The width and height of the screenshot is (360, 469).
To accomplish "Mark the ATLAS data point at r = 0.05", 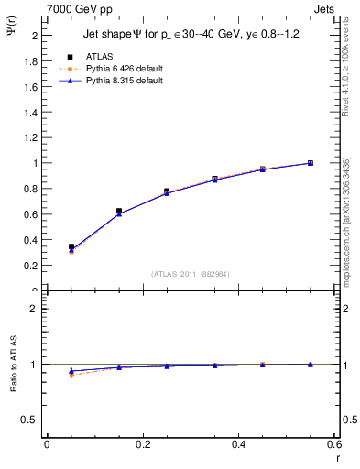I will pyautogui.click(x=71, y=246).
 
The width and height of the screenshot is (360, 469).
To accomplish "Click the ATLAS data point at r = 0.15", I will pyautogui.click(x=118, y=211).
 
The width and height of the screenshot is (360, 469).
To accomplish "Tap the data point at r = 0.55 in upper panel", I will pyautogui.click(x=311, y=163).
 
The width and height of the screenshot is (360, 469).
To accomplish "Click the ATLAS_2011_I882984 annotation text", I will pyautogui.click(x=190, y=275).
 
